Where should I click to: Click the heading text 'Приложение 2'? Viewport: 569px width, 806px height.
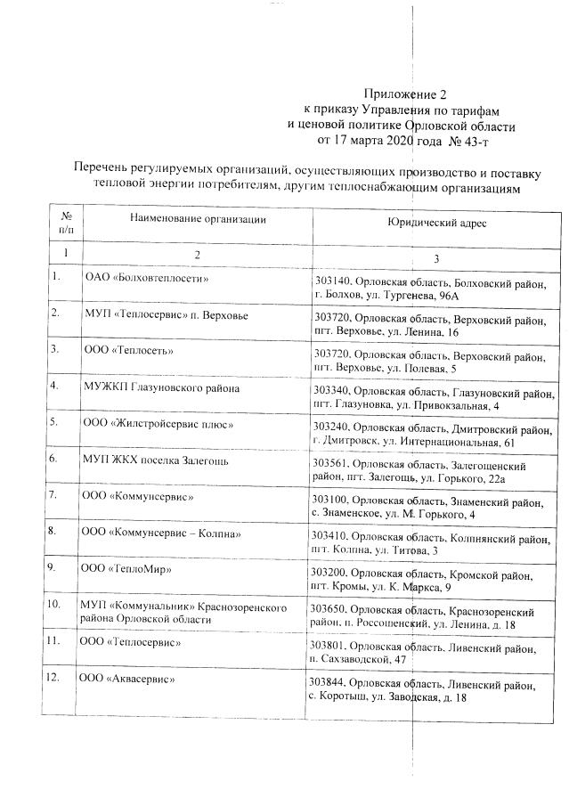[x=404, y=94]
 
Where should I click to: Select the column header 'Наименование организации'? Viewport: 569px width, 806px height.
[x=197, y=219]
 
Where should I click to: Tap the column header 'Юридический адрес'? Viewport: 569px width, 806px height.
[x=436, y=226]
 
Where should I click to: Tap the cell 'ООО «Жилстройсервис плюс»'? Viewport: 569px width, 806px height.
[x=158, y=425]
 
